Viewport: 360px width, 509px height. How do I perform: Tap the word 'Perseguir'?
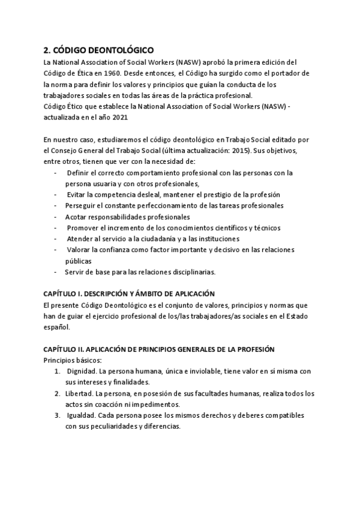81,206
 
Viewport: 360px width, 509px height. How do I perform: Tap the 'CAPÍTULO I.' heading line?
128,294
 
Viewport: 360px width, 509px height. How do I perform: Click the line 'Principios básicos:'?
73,360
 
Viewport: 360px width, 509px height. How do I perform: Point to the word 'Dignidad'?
81,372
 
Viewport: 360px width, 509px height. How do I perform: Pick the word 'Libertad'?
79,394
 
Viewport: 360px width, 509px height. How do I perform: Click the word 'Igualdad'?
80,415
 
